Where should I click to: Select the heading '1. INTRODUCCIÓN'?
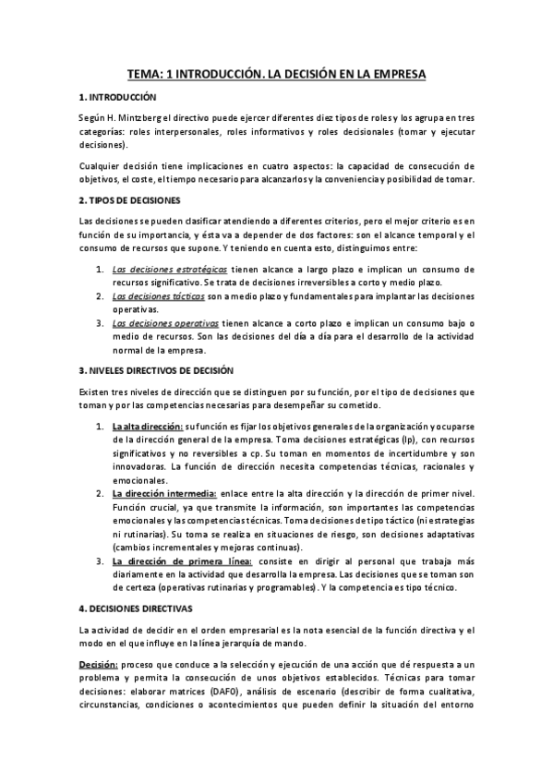tap(118, 97)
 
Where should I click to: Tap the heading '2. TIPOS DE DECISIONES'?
tap(130, 200)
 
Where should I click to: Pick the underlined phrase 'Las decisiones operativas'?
tap(164, 323)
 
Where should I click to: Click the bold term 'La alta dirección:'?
tap(147, 426)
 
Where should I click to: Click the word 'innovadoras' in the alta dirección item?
tap(140, 467)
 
